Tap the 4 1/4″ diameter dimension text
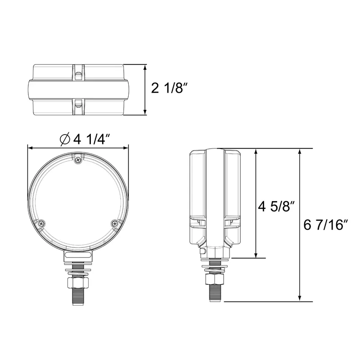pyautogui.click(x=92, y=139)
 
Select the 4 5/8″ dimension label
pyautogui.click(x=276, y=206)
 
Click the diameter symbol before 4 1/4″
pyautogui.click(x=65, y=139)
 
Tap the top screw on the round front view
pyautogui.click(x=78, y=160)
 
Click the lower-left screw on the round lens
pyautogui.click(x=41, y=223)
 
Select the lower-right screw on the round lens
pyautogui.click(x=115, y=223)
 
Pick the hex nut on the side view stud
pyautogui.click(x=214, y=279)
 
